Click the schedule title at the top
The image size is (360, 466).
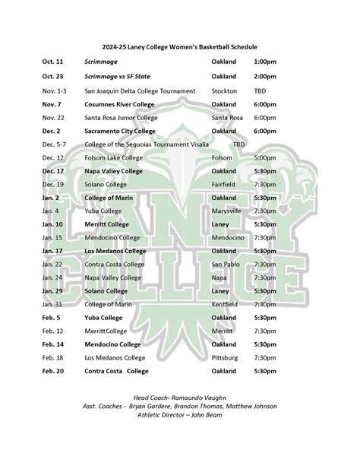point(179,37)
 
